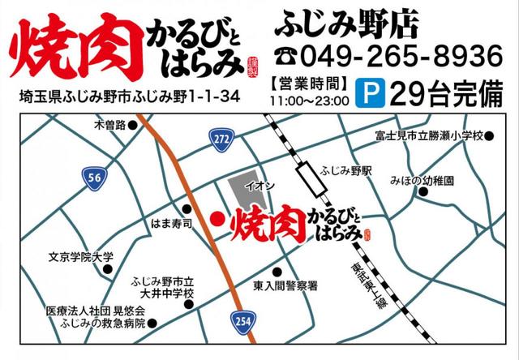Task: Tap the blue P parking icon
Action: pyautogui.click(x=372, y=93)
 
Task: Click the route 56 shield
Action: pyautogui.click(x=93, y=175)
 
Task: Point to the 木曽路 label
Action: pyautogui.click(x=109, y=125)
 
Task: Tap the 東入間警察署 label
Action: pyautogui.click(x=285, y=286)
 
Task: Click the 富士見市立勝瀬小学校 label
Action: pyautogui.click(x=427, y=135)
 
